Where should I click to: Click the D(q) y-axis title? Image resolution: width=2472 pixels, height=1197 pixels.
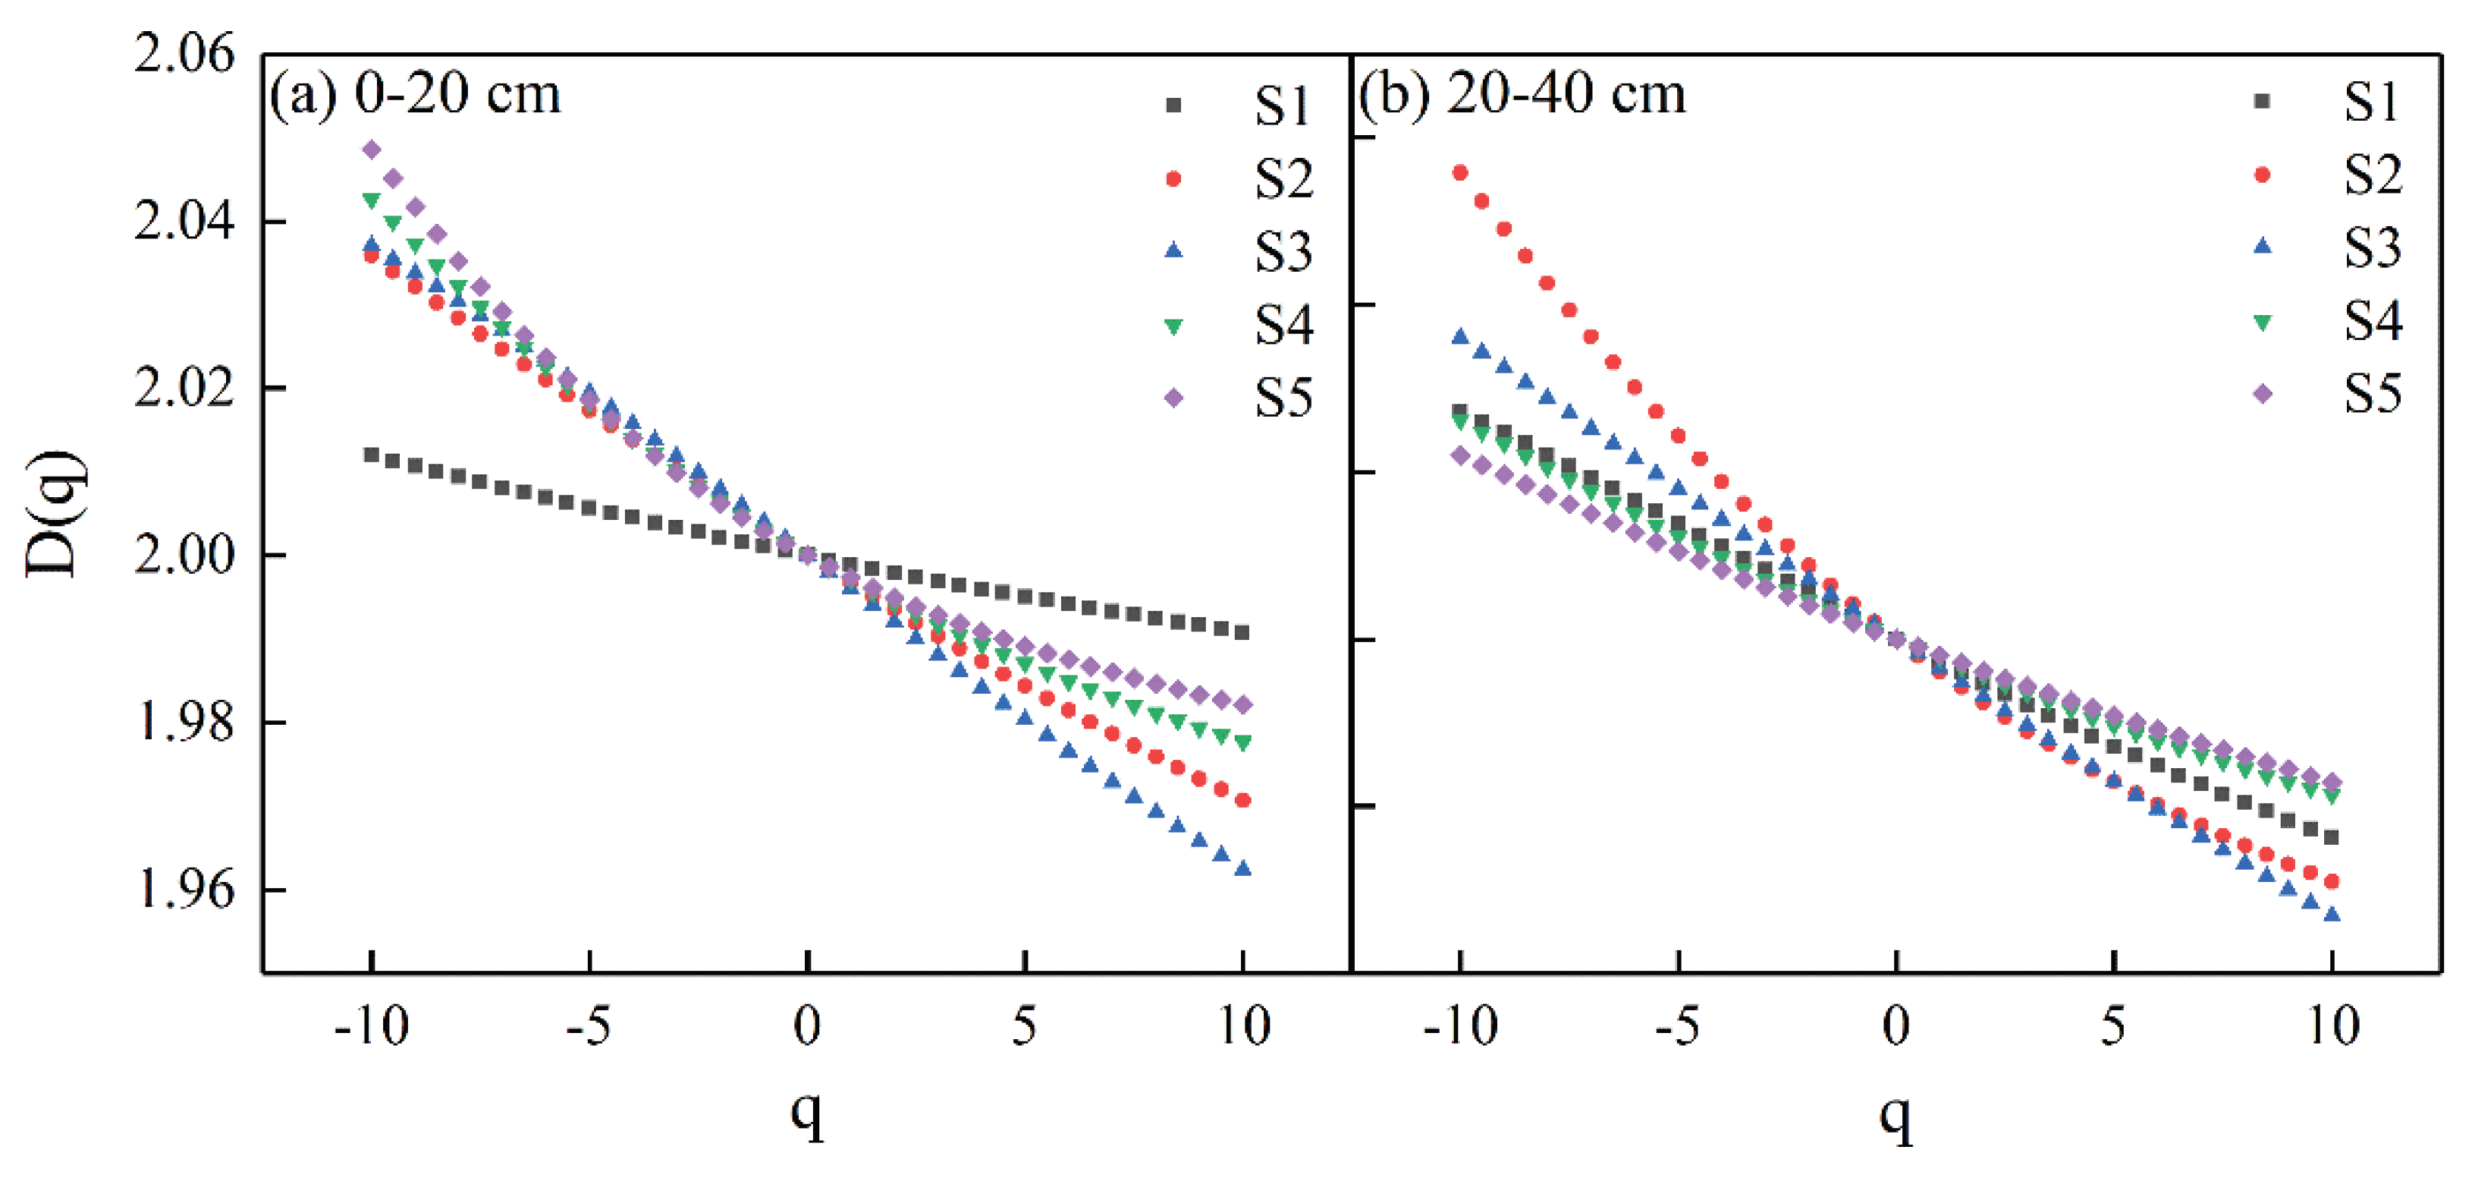(x=55, y=514)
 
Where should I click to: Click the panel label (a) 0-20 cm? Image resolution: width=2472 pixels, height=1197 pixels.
(x=415, y=95)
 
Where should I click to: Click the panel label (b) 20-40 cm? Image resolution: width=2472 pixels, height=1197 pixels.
(x=1522, y=95)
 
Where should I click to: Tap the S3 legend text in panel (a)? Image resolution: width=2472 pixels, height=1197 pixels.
(x=1283, y=251)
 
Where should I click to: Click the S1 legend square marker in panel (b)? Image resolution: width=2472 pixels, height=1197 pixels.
(x=2262, y=101)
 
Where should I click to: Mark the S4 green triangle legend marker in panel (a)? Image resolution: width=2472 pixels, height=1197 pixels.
(x=1173, y=326)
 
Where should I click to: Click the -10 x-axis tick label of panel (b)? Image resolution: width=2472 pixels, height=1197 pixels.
(x=1459, y=1027)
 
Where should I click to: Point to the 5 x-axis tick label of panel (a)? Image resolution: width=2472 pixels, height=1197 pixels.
(x=1024, y=1027)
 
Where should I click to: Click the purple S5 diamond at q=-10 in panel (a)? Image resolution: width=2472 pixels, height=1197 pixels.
(x=372, y=150)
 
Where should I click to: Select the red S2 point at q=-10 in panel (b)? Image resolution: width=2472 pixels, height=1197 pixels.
(x=1459, y=173)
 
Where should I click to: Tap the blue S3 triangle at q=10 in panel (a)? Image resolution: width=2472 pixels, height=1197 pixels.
(x=1242, y=868)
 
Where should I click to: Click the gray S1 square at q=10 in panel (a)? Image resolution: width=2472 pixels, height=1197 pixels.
(x=1242, y=632)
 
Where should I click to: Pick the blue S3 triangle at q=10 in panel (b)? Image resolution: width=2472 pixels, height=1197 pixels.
(x=2332, y=915)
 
